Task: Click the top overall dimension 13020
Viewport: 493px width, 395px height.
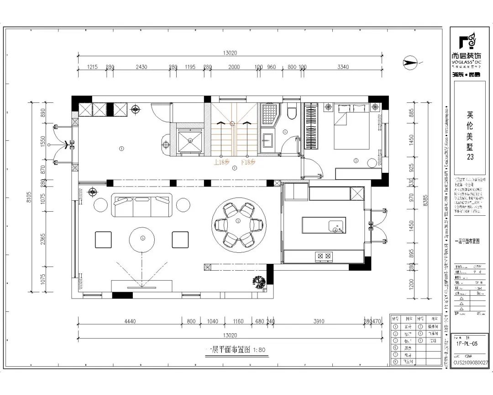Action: (x=231, y=53)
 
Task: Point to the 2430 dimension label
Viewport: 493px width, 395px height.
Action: (x=142, y=67)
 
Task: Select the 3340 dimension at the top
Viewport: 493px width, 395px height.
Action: (x=343, y=67)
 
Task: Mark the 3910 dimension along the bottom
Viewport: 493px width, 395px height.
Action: (x=319, y=321)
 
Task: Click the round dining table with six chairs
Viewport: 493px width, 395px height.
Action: (x=238, y=224)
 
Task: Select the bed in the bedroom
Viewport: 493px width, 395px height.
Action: (x=352, y=127)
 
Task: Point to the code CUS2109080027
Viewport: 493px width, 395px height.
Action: (x=470, y=362)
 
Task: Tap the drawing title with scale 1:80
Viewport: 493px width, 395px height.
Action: (x=235, y=350)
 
